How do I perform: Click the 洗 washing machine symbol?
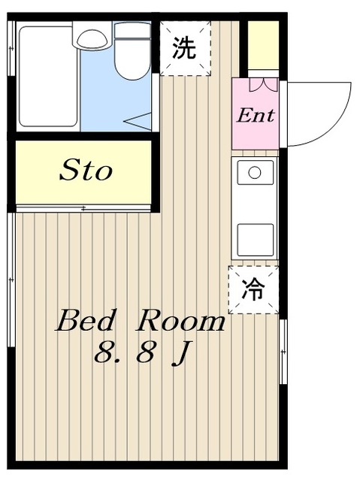[184, 48]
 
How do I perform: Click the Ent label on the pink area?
[256, 116]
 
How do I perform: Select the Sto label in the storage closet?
[86, 171]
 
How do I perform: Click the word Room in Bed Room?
[180, 322]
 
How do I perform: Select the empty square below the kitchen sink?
[255, 239]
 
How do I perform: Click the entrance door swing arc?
[323, 113]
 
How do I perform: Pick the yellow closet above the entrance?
[263, 45]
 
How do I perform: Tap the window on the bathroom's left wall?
[11, 49]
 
